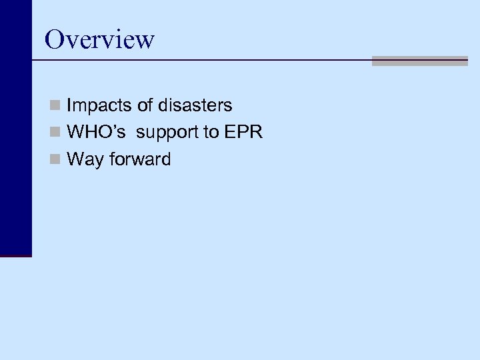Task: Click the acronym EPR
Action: (x=243, y=133)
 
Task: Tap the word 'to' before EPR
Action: (x=211, y=133)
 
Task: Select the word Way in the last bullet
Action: (x=83, y=160)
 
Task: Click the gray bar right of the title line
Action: (x=419, y=61)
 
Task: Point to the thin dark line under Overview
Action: (x=200, y=60)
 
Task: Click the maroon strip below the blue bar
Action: (x=15, y=255)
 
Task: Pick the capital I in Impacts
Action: (x=69, y=105)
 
